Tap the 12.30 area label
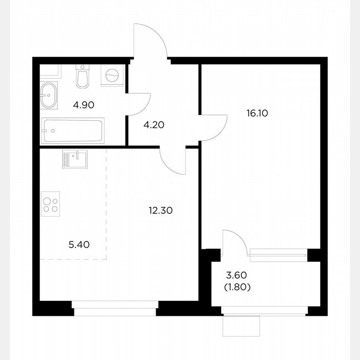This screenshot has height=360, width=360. pyautogui.click(x=161, y=211)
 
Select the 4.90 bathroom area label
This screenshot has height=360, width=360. pyautogui.click(x=83, y=105)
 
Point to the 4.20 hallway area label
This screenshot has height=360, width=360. pyautogui.click(x=148, y=124)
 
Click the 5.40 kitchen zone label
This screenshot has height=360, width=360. pyautogui.click(x=79, y=244)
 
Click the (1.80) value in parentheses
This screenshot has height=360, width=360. pyautogui.click(x=237, y=287)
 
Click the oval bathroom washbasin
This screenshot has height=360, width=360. pyautogui.click(x=49, y=95)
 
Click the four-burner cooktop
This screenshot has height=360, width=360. pyautogui.click(x=51, y=203)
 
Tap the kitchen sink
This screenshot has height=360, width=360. pyautogui.click(x=75, y=159)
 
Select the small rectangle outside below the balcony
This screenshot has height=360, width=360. pyautogui.click(x=241, y=325)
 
